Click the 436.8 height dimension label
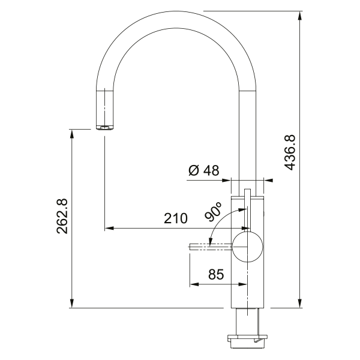pyautogui.click(x=289, y=152)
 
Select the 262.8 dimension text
pyautogui.click(x=62, y=216)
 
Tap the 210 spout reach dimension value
pyautogui.click(x=176, y=218)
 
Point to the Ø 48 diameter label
pyautogui.click(x=204, y=170)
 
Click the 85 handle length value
pyautogui.click(x=216, y=274)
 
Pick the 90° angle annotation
pyautogui.click(x=213, y=212)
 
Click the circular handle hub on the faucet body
pyautogui.click(x=247, y=247)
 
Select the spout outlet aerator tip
pyautogui.click(x=104, y=128)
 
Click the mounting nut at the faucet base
pyautogui.click(x=247, y=338)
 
